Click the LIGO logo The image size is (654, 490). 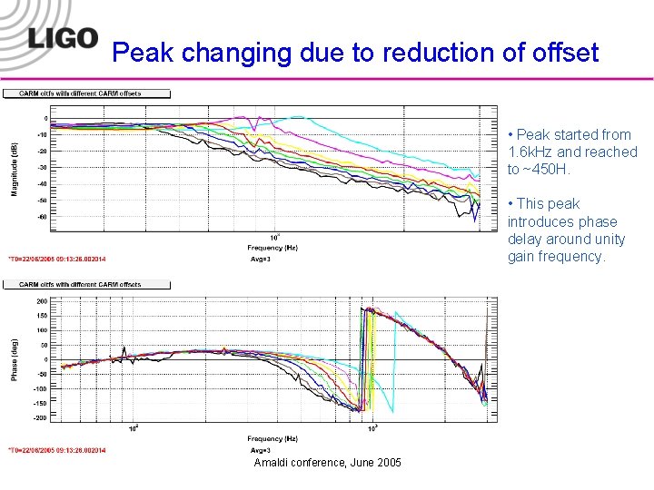pyautogui.click(x=62, y=38)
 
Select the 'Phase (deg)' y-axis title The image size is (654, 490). pyautogui.click(x=15, y=359)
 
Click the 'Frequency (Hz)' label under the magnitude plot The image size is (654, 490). pyautogui.click(x=272, y=247)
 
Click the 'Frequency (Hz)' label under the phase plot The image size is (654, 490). pyautogui.click(x=272, y=438)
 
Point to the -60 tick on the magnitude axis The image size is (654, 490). pyautogui.click(x=42, y=217)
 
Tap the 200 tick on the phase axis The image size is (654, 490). pyautogui.click(x=42, y=299)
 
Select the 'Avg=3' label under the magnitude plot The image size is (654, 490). pyautogui.click(x=260, y=259)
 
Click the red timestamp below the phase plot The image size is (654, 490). pyautogui.click(x=57, y=450)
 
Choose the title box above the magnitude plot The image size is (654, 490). pyautogui.click(x=87, y=93)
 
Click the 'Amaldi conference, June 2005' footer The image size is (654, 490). pyautogui.click(x=327, y=463)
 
